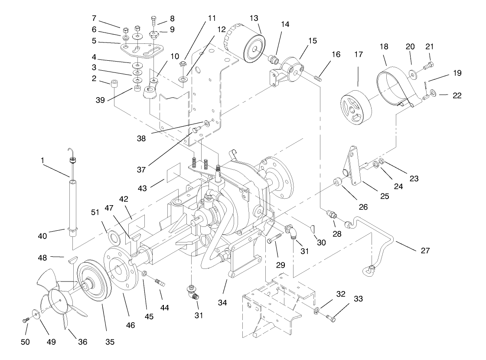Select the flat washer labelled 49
point(36,313)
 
